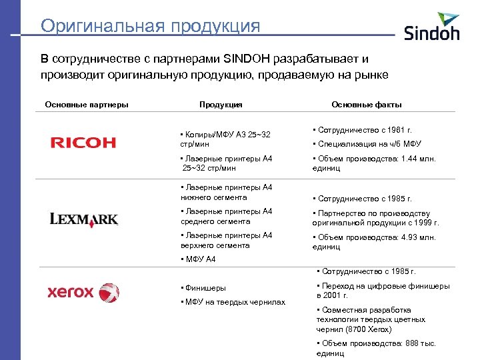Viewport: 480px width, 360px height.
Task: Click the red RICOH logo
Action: pyautogui.click(x=83, y=143)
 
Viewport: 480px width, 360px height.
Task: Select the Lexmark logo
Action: pyautogui.click(x=84, y=219)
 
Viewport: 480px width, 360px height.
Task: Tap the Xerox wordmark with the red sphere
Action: pyautogui.click(x=83, y=292)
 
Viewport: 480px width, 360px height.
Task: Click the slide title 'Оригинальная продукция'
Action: pyautogui.click(x=150, y=26)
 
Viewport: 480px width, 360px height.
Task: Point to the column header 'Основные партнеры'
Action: pyautogui.click(x=87, y=105)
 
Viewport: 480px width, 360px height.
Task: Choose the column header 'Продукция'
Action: pyautogui.click(x=221, y=105)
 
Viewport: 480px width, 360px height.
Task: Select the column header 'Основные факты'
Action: pyautogui.click(x=367, y=105)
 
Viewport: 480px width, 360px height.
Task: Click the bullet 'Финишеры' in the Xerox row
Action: pyautogui.click(x=203, y=289)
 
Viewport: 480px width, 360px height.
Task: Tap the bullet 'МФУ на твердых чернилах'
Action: pyautogui.click(x=233, y=303)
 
